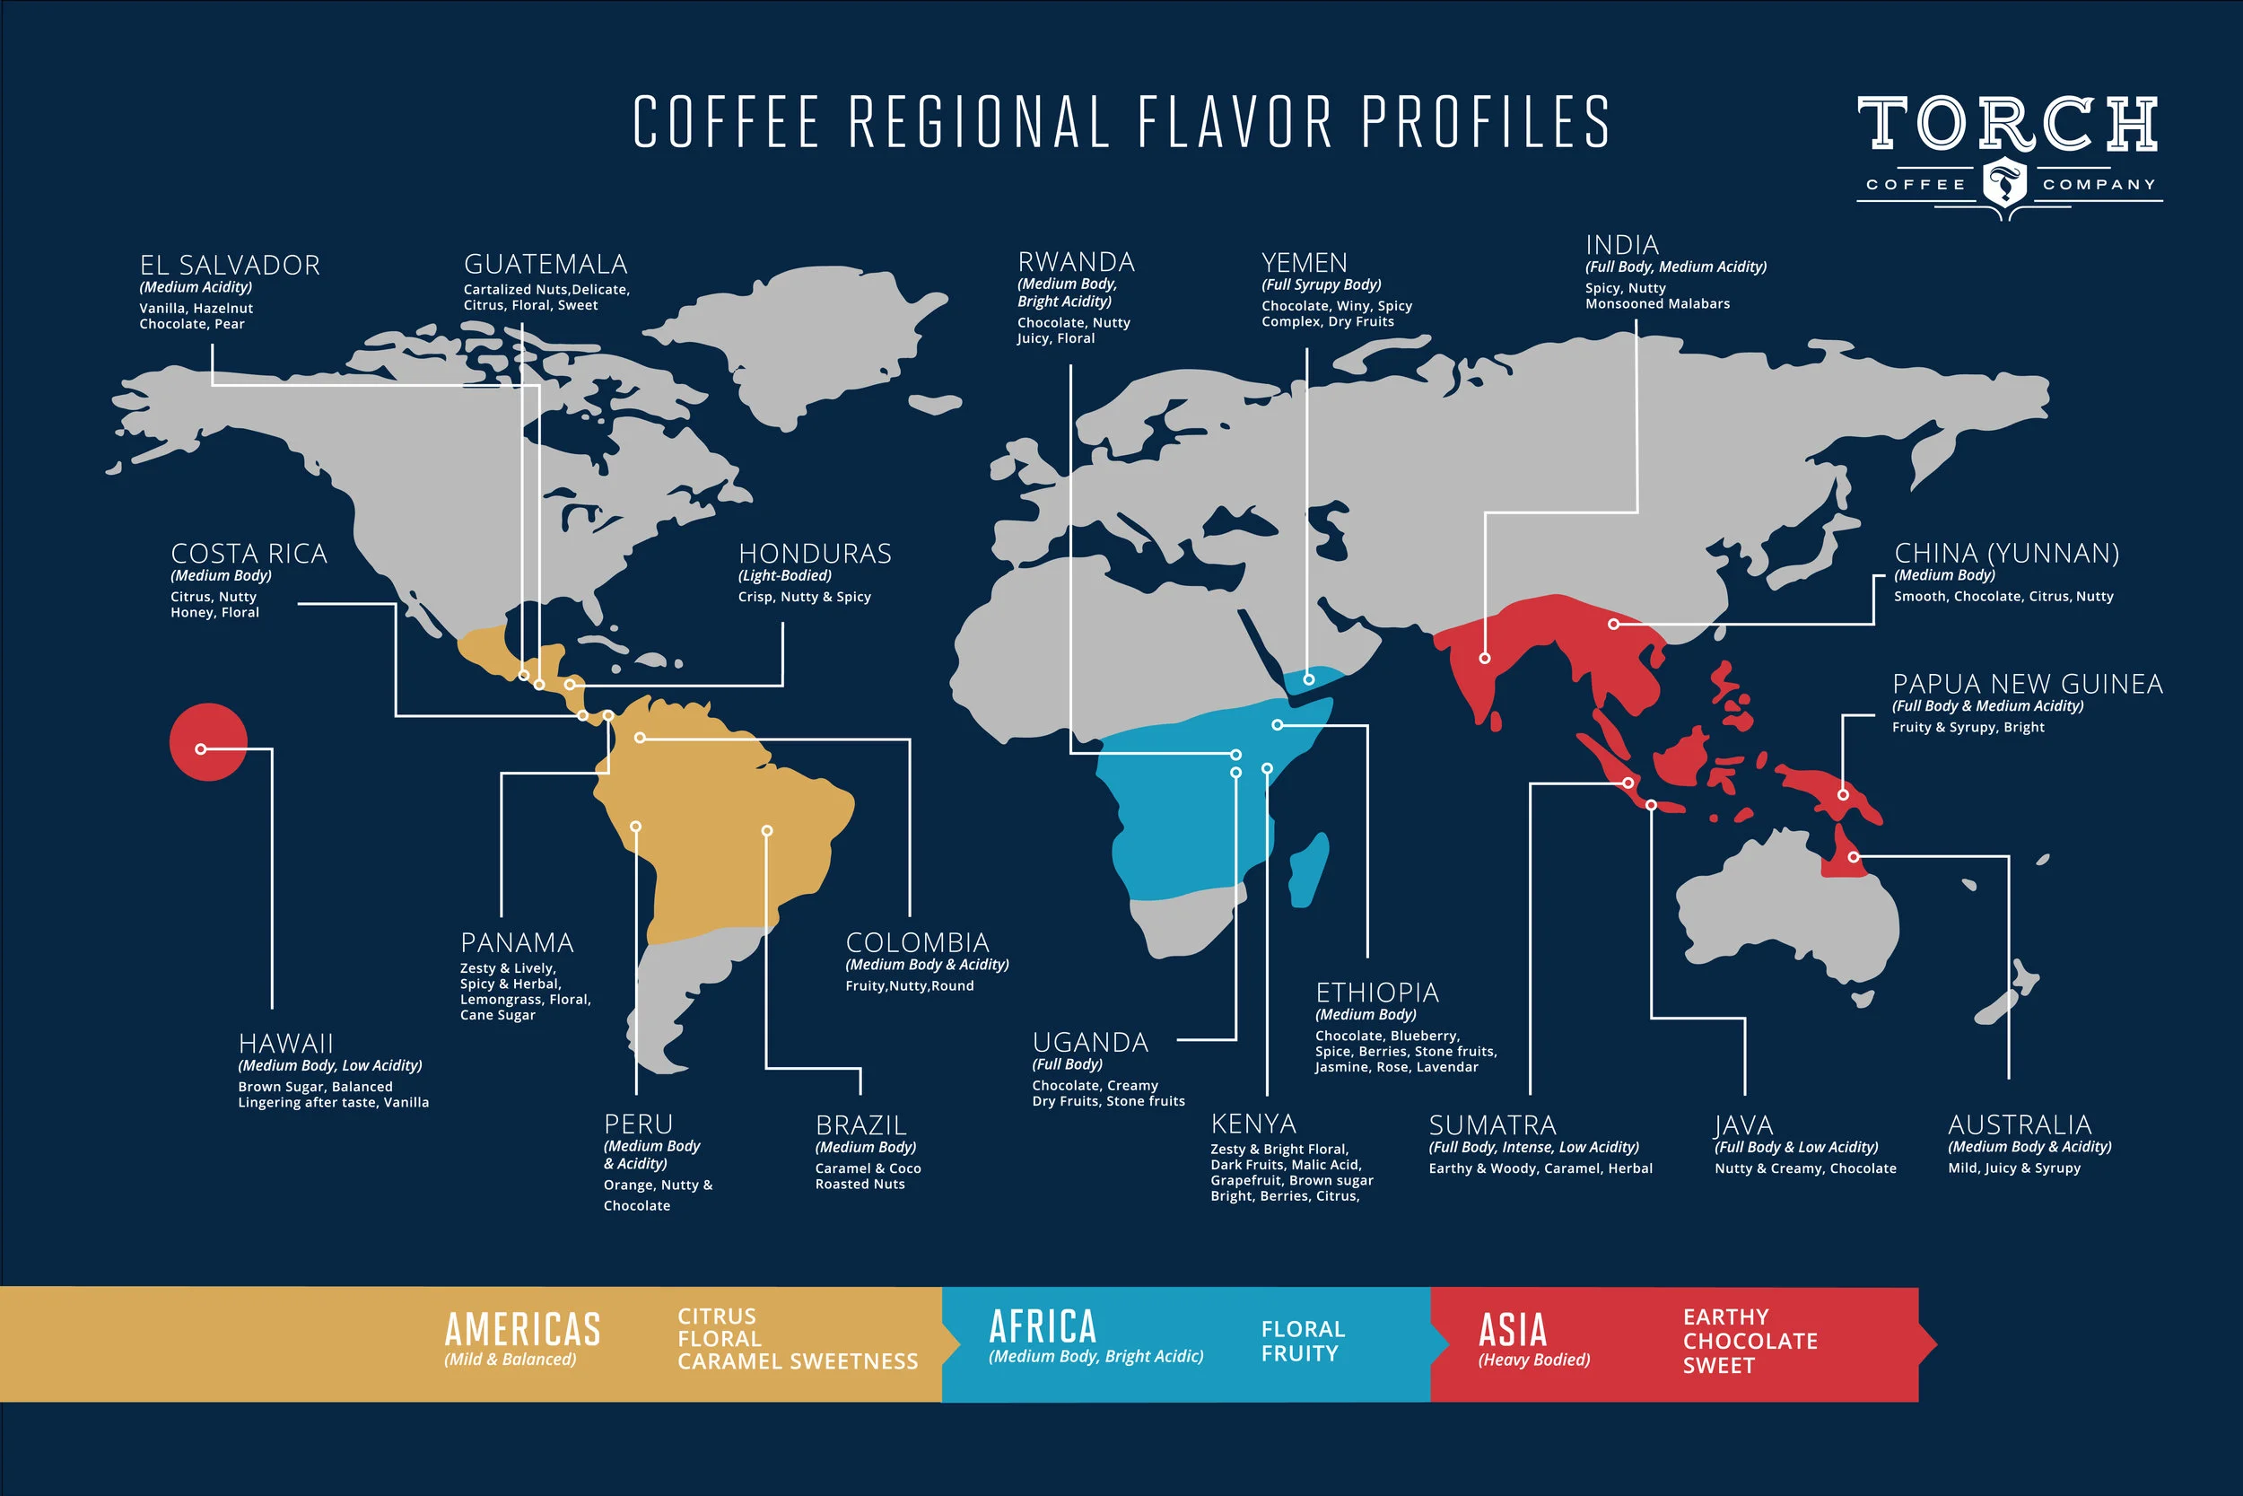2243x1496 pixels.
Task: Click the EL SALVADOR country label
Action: pyautogui.click(x=230, y=266)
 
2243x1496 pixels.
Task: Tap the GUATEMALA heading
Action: pyautogui.click(x=545, y=264)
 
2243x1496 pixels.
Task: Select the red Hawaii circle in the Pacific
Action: pyautogui.click(x=208, y=741)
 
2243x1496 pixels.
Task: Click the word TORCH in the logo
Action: pyautogui.click(x=2006, y=124)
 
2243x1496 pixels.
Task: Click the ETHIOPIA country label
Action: pyautogui.click(x=1376, y=993)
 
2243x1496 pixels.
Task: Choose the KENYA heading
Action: pyautogui.click(x=1253, y=1123)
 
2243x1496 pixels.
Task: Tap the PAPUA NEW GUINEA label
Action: pyautogui.click(x=2027, y=684)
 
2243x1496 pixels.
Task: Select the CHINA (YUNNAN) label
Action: pyautogui.click(x=2006, y=554)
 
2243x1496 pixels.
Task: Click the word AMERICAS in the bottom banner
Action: pyautogui.click(x=522, y=1329)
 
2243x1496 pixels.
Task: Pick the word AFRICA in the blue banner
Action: pyautogui.click(x=1043, y=1326)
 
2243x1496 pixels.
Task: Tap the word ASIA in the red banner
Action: pyautogui.click(x=1512, y=1329)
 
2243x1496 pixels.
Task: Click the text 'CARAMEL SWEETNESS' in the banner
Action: pyautogui.click(x=798, y=1361)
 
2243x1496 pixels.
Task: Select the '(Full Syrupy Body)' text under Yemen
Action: pyautogui.click(x=1321, y=284)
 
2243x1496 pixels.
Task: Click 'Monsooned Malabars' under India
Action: pyautogui.click(x=1656, y=303)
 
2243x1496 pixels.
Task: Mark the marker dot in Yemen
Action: pyautogui.click(x=1308, y=679)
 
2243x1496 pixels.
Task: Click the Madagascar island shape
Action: pyautogui.click(x=1308, y=867)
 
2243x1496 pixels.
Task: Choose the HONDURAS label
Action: pyautogui.click(x=815, y=554)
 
